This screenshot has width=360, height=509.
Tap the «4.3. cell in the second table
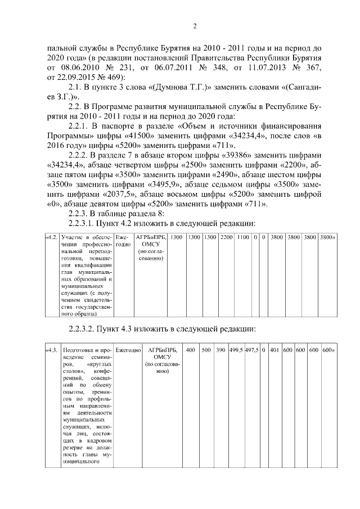[51, 350]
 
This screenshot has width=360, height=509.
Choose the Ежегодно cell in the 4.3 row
[128, 350]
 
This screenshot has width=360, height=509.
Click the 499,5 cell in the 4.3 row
[236, 350]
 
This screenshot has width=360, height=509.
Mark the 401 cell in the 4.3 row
[274, 350]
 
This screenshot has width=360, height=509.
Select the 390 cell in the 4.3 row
[220, 350]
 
